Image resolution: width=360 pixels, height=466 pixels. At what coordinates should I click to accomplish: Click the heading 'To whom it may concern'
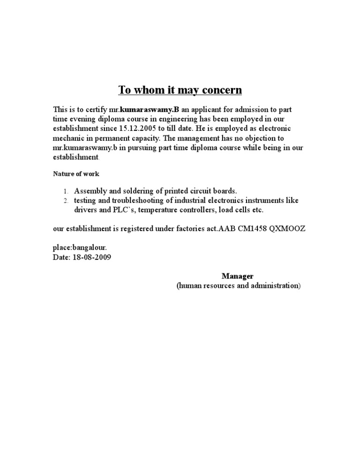pyautogui.click(x=180, y=90)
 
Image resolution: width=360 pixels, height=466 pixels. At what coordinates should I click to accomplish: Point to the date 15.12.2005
pyautogui.click(x=138, y=128)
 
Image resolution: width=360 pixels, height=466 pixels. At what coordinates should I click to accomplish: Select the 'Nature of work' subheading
pyautogui.click(x=75, y=174)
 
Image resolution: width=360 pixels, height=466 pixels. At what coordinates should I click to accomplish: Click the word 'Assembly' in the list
pyautogui.click(x=90, y=191)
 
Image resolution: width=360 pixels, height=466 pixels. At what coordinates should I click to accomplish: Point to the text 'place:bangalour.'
pyautogui.click(x=75, y=248)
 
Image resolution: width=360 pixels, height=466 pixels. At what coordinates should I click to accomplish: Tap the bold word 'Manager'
pyautogui.click(x=237, y=276)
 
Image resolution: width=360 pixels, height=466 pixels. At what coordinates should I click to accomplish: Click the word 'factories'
pyautogui.click(x=182, y=229)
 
